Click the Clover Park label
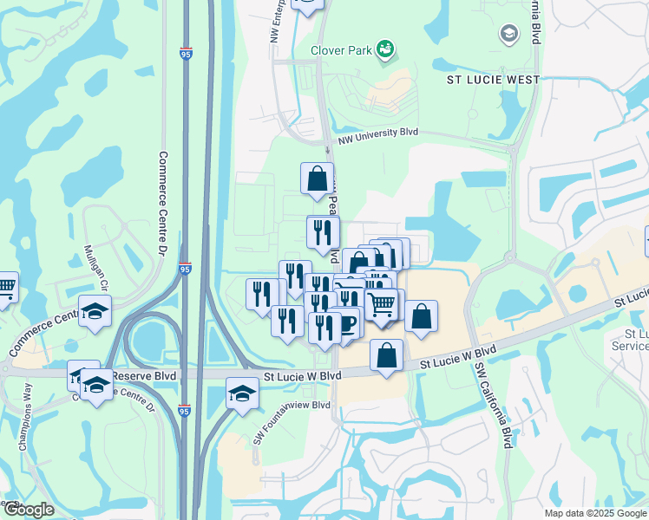340,50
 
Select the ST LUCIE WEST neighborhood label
493,80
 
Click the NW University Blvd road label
378,133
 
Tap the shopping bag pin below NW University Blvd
318,179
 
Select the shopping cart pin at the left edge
5,286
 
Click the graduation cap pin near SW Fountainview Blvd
242,393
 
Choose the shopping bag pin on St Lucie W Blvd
386,355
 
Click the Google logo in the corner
29,510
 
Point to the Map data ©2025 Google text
594,513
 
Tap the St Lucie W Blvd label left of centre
303,374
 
